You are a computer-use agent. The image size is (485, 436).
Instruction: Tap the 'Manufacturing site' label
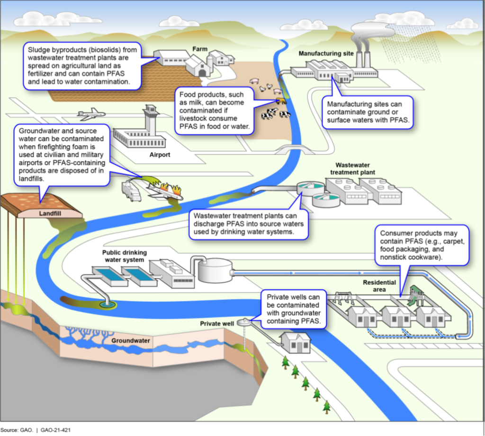click(326, 54)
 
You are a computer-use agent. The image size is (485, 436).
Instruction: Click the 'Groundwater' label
click(131, 340)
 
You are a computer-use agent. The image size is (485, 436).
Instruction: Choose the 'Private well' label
click(217, 324)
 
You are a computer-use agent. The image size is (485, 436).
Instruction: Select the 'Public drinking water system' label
click(125, 256)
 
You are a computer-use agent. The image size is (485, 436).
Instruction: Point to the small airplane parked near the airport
click(90, 114)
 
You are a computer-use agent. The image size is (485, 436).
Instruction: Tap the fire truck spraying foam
click(131, 190)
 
